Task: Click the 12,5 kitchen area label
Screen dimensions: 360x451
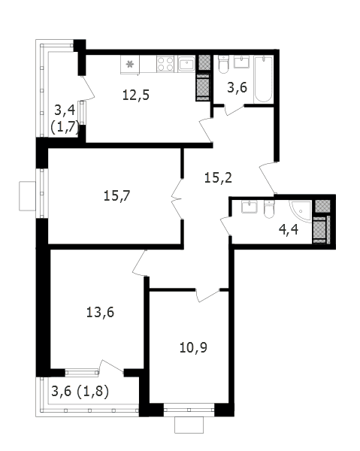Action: [x=136, y=95]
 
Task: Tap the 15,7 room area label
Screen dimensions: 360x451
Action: [x=117, y=196]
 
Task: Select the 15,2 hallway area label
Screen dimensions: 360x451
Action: [x=218, y=178]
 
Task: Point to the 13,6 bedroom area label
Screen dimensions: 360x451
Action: [x=100, y=313]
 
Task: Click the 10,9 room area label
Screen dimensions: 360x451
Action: [x=193, y=348]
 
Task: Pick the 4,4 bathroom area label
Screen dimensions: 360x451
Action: [x=289, y=230]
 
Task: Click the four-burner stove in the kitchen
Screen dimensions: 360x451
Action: [x=165, y=64]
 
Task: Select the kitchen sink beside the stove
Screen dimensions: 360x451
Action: [x=186, y=64]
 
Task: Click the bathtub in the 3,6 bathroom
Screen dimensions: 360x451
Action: [x=263, y=79]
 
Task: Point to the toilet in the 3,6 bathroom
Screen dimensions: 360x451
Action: [x=223, y=65]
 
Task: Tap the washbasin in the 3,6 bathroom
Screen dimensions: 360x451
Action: [x=241, y=62]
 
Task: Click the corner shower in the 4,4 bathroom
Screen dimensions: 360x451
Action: [x=301, y=212]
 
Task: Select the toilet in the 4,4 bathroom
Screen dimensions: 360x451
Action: [x=269, y=210]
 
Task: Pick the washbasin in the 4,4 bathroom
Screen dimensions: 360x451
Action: [x=249, y=207]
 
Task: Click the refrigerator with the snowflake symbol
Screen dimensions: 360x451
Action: [x=130, y=65]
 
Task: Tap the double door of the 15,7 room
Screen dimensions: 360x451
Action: [x=177, y=198]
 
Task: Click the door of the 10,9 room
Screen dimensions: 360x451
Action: [x=208, y=295]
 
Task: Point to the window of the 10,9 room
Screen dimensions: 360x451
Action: [x=189, y=410]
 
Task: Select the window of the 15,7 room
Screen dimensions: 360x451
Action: [x=42, y=193]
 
